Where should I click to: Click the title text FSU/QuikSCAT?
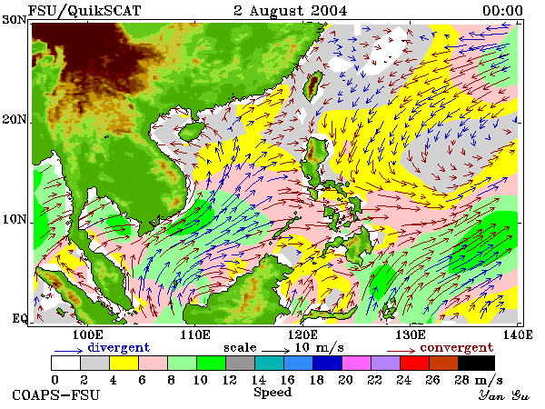84,10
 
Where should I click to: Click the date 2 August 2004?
291,10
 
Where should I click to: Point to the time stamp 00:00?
502,10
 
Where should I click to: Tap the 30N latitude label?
15,19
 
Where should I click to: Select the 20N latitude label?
15,119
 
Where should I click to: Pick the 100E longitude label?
87,334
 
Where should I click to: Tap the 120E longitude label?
302,334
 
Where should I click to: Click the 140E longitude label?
517,334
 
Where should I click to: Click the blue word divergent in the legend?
118,347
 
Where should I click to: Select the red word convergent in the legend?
457,347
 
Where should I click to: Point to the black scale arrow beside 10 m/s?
275,350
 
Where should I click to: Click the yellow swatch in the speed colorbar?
124,363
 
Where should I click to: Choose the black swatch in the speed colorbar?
477,363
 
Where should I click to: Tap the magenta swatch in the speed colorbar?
357,363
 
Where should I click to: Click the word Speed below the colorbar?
272,393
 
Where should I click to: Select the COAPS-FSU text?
56,395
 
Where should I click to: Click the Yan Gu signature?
503,395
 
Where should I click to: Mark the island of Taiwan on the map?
312,86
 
